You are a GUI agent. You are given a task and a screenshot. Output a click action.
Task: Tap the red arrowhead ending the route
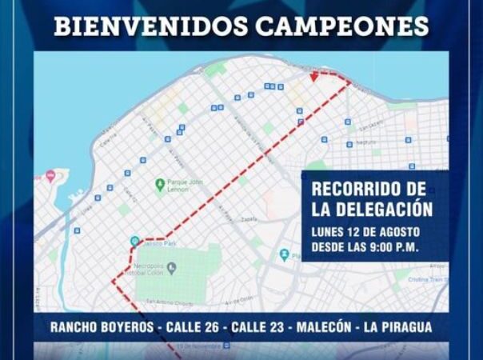[316, 77]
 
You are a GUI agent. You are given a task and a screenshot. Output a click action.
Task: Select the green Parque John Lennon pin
[159, 184]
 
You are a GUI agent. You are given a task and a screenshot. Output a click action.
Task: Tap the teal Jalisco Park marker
[135, 241]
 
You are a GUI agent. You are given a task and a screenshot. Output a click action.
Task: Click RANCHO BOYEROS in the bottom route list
[102, 327]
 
